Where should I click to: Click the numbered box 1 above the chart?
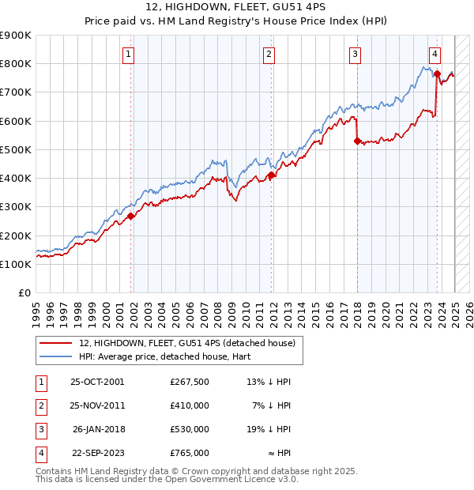128,55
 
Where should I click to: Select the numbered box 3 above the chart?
355,55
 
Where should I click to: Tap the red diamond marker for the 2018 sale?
357,141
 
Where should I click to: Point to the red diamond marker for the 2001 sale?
131,217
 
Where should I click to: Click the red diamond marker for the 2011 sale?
271,175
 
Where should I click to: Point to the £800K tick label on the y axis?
15,64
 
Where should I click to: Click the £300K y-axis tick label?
15,207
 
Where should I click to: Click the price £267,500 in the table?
190,382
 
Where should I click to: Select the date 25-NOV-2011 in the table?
97,405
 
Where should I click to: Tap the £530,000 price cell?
190,429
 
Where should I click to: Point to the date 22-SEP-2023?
97,453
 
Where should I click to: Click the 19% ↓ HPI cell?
268,429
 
